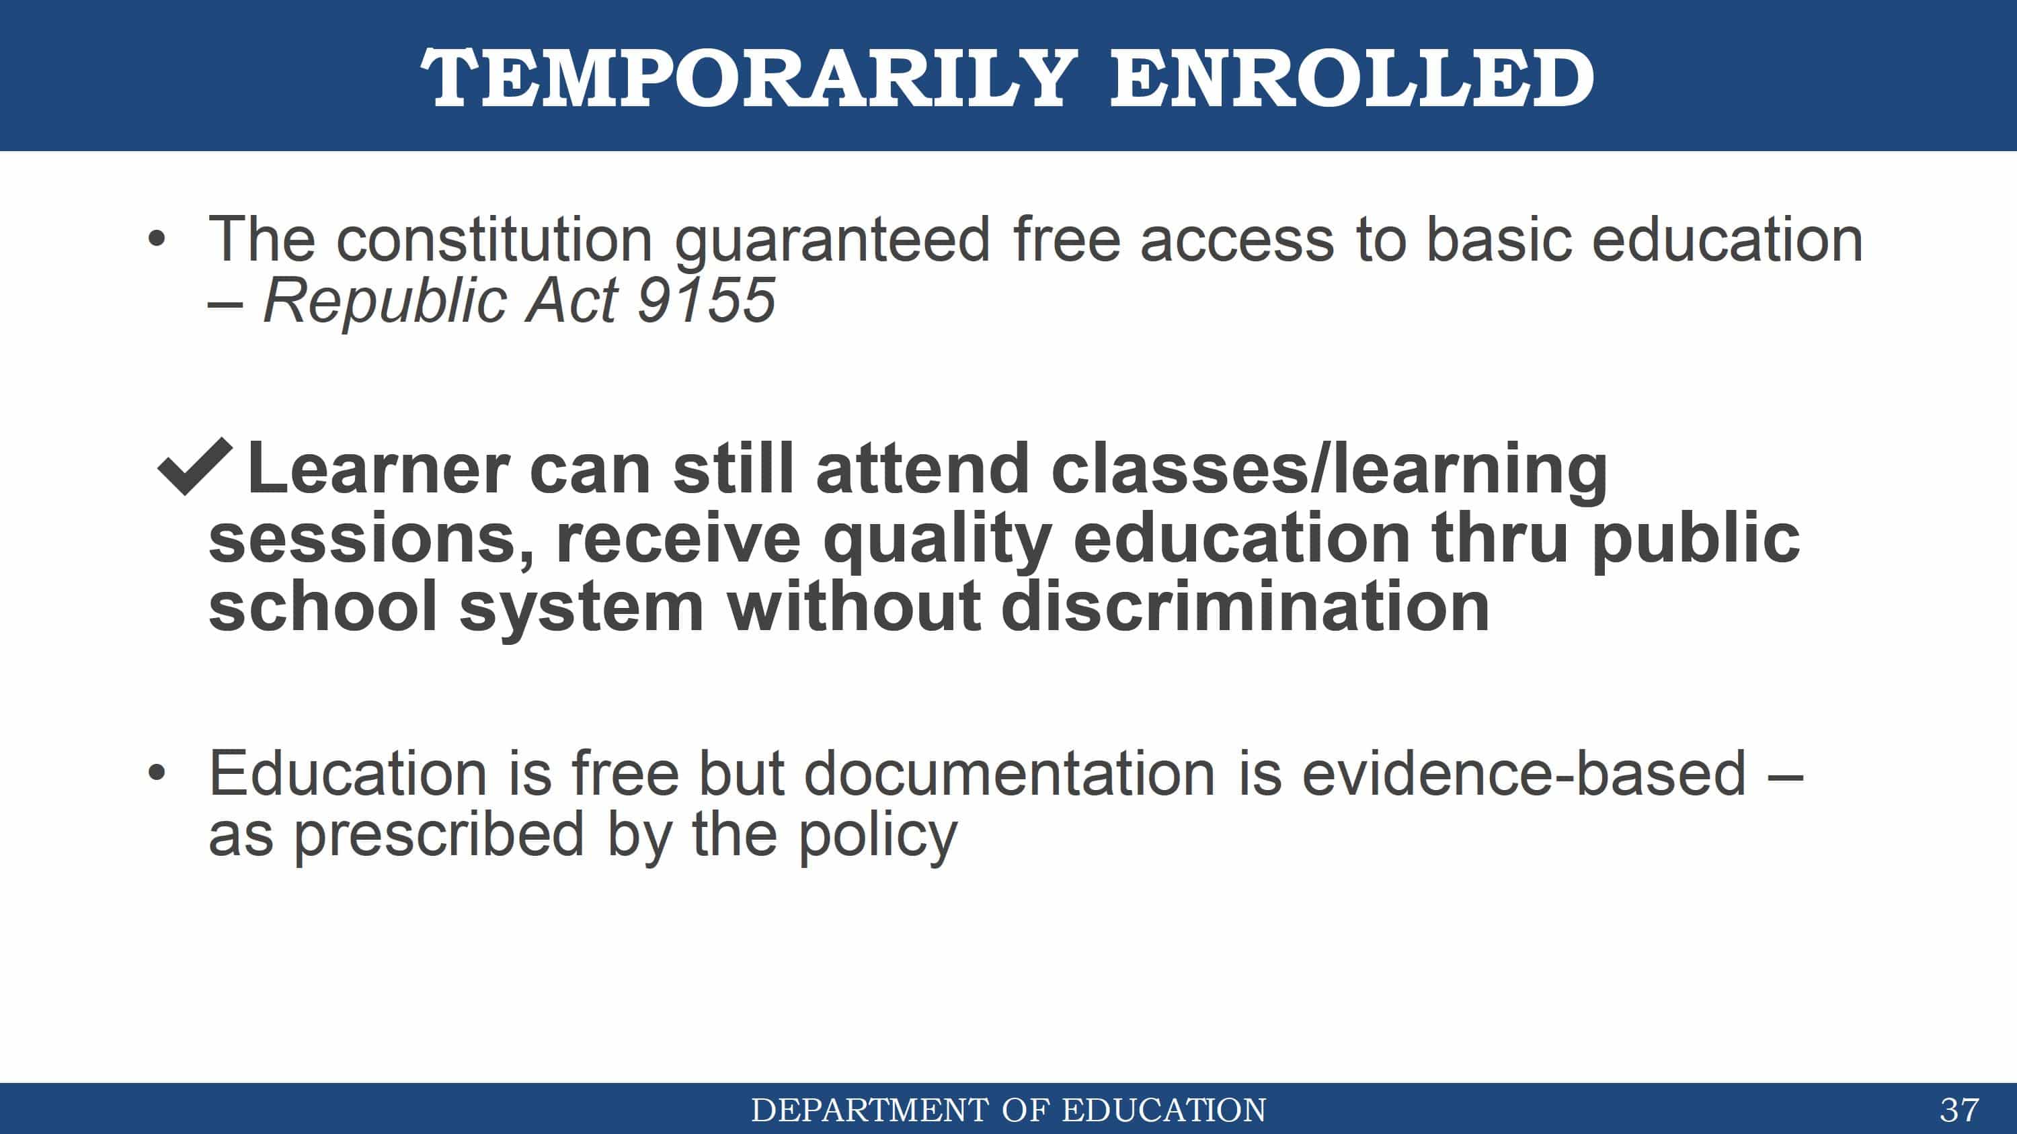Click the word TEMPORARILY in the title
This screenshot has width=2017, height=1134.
pyautogui.click(x=750, y=77)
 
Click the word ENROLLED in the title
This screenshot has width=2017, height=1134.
pyautogui.click(x=1352, y=77)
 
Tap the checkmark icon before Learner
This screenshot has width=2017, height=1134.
pyautogui.click(x=195, y=466)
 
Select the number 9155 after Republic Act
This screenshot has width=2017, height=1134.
pyautogui.click(x=705, y=300)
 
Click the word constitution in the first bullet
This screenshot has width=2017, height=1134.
pyautogui.click(x=494, y=238)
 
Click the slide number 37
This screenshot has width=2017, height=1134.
pyautogui.click(x=1959, y=1110)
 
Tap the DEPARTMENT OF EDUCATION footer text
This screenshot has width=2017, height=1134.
pyautogui.click(x=1008, y=1110)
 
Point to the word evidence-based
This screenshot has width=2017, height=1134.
pyautogui.click(x=1524, y=773)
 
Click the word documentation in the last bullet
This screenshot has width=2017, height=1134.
pyautogui.click(x=1009, y=773)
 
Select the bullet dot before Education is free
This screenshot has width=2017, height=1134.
pyautogui.click(x=157, y=773)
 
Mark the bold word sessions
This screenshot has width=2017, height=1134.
pyautogui.click(x=371, y=540)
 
